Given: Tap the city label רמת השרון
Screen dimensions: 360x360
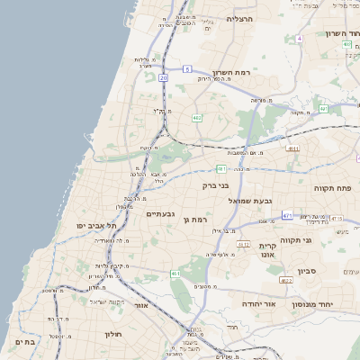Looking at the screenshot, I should point(236,73).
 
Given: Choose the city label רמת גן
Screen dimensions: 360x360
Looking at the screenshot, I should point(194,220).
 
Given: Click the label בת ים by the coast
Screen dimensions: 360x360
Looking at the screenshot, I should point(24,342).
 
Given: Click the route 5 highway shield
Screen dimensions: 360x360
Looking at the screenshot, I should point(186,68).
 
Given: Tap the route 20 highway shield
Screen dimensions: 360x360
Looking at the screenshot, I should point(163,78).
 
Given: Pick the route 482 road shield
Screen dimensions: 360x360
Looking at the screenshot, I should point(196,117).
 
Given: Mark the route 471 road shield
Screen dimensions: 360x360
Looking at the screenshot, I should point(287,216).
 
